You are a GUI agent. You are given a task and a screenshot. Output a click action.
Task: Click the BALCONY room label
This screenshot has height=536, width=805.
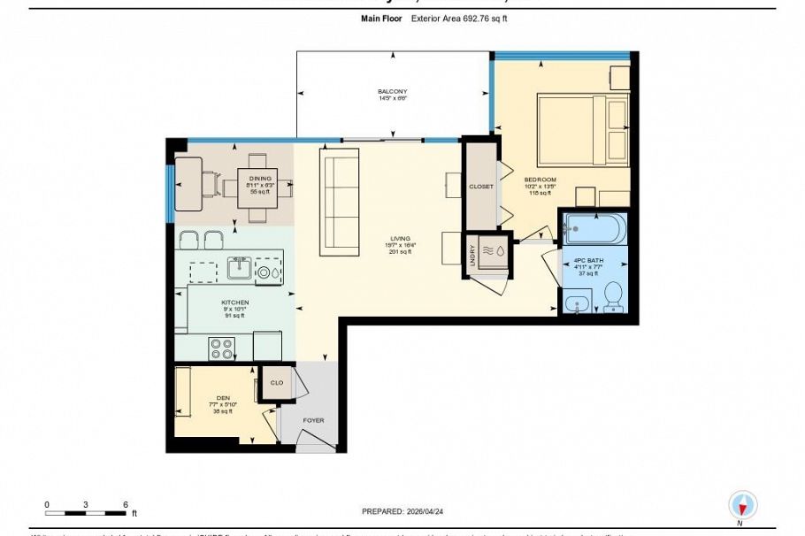point(392,91)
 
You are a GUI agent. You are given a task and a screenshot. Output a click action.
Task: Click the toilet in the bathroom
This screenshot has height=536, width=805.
point(612,299)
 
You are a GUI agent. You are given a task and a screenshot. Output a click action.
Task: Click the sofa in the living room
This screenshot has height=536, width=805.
point(339,201)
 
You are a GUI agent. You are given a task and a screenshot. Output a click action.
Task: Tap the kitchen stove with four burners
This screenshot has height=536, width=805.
point(220,348)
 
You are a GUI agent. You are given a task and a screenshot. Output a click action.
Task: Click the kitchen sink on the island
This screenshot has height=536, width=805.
point(239,267)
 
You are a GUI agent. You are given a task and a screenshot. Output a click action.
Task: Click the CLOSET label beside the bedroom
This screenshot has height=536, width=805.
point(481,187)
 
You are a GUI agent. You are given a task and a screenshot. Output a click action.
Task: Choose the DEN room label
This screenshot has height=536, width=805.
point(223,398)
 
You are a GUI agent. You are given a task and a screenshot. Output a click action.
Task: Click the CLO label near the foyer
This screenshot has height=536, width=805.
point(276,383)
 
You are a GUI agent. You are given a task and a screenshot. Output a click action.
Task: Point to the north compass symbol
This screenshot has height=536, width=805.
point(742,506)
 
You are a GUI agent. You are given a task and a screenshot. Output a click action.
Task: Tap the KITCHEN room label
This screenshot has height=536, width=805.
point(234,302)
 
